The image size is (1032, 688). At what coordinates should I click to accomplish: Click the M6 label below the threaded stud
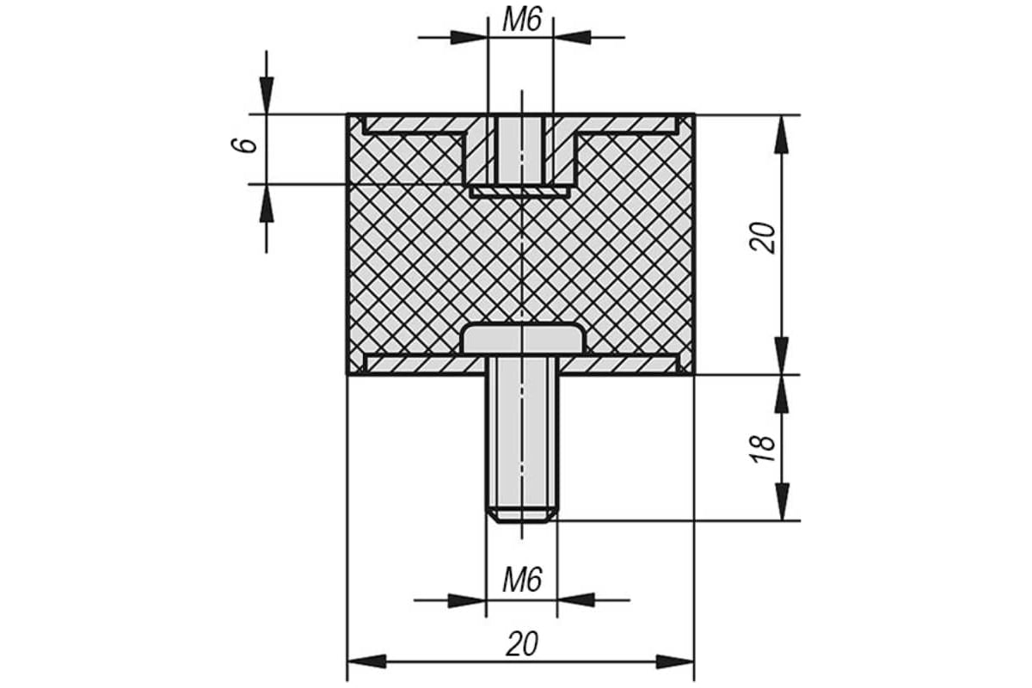pyautogui.click(x=521, y=580)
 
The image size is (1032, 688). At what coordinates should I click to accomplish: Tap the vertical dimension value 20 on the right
pyautogui.click(x=762, y=237)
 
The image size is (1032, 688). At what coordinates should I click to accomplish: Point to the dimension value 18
pyautogui.click(x=762, y=448)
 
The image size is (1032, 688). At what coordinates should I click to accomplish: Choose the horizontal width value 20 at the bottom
pyautogui.click(x=521, y=644)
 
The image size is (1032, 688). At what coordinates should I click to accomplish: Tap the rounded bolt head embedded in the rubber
pyautogui.click(x=523, y=339)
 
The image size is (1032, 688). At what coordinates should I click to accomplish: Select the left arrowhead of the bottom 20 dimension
pyautogui.click(x=366, y=661)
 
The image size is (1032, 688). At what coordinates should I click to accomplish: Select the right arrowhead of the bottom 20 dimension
pyautogui.click(x=675, y=661)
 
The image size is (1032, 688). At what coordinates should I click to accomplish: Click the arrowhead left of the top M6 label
pyautogui.click(x=469, y=37)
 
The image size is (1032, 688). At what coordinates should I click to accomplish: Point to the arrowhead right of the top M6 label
pyautogui.click(x=572, y=37)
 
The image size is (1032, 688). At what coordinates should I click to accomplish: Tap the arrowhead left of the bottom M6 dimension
pyautogui.click(x=467, y=600)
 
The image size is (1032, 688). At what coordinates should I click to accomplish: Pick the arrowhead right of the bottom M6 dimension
pyautogui.click(x=576, y=600)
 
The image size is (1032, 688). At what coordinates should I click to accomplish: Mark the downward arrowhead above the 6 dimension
pyautogui.click(x=267, y=95)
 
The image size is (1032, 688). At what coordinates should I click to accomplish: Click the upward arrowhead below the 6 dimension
pyautogui.click(x=267, y=203)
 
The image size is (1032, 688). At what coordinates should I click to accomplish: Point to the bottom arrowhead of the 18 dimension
pyautogui.click(x=782, y=501)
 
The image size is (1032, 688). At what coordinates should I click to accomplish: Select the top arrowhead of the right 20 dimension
pyautogui.click(x=782, y=133)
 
